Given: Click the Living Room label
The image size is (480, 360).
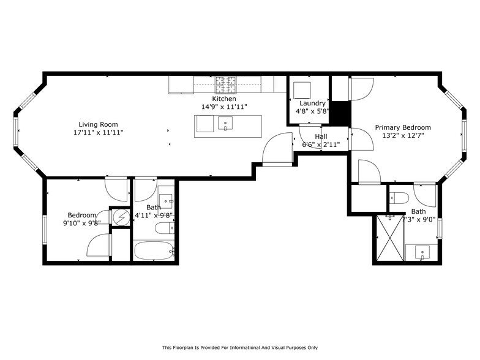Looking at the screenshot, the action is tap(98, 124).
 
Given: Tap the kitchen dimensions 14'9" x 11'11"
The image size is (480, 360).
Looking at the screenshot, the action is tap(224, 107).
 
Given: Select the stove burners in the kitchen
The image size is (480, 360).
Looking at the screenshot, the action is tap(227, 84).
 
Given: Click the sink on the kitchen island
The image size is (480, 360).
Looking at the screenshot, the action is tap(225, 123).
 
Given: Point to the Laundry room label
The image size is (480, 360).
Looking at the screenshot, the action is tap(312, 103).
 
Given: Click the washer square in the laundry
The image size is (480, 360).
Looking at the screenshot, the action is tap(302, 91).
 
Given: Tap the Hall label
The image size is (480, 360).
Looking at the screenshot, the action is tap(321, 137).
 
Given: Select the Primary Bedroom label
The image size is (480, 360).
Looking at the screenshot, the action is tap(403, 127).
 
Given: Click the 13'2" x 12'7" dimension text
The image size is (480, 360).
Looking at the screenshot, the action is tap(403, 135).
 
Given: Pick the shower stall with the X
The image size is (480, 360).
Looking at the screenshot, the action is tap(390, 238).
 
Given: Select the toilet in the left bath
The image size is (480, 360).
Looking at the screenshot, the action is tap(165, 228).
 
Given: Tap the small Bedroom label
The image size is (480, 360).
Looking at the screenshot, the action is tap(82, 216).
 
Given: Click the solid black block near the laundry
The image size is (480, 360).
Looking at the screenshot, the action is tap(340, 113).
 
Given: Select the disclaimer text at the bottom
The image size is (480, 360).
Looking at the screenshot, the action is tap(240, 348).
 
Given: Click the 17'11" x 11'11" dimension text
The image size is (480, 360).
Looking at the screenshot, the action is tap(98, 132).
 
